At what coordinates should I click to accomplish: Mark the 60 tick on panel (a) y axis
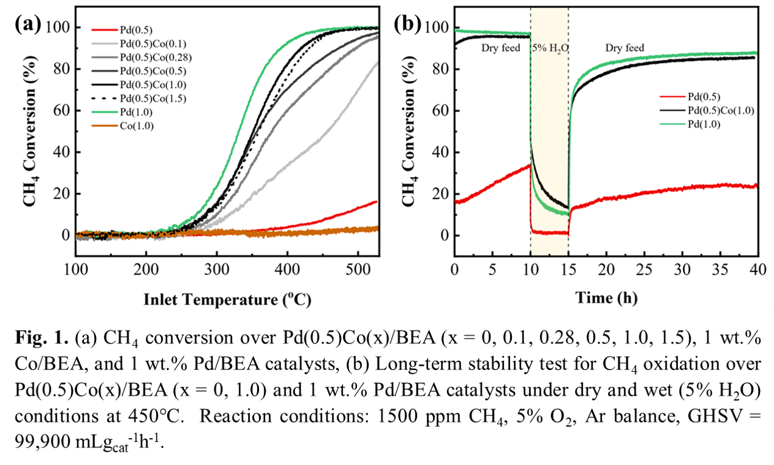point(63,110)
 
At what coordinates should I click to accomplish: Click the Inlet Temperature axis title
point(226,300)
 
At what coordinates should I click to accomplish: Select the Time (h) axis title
point(606,298)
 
